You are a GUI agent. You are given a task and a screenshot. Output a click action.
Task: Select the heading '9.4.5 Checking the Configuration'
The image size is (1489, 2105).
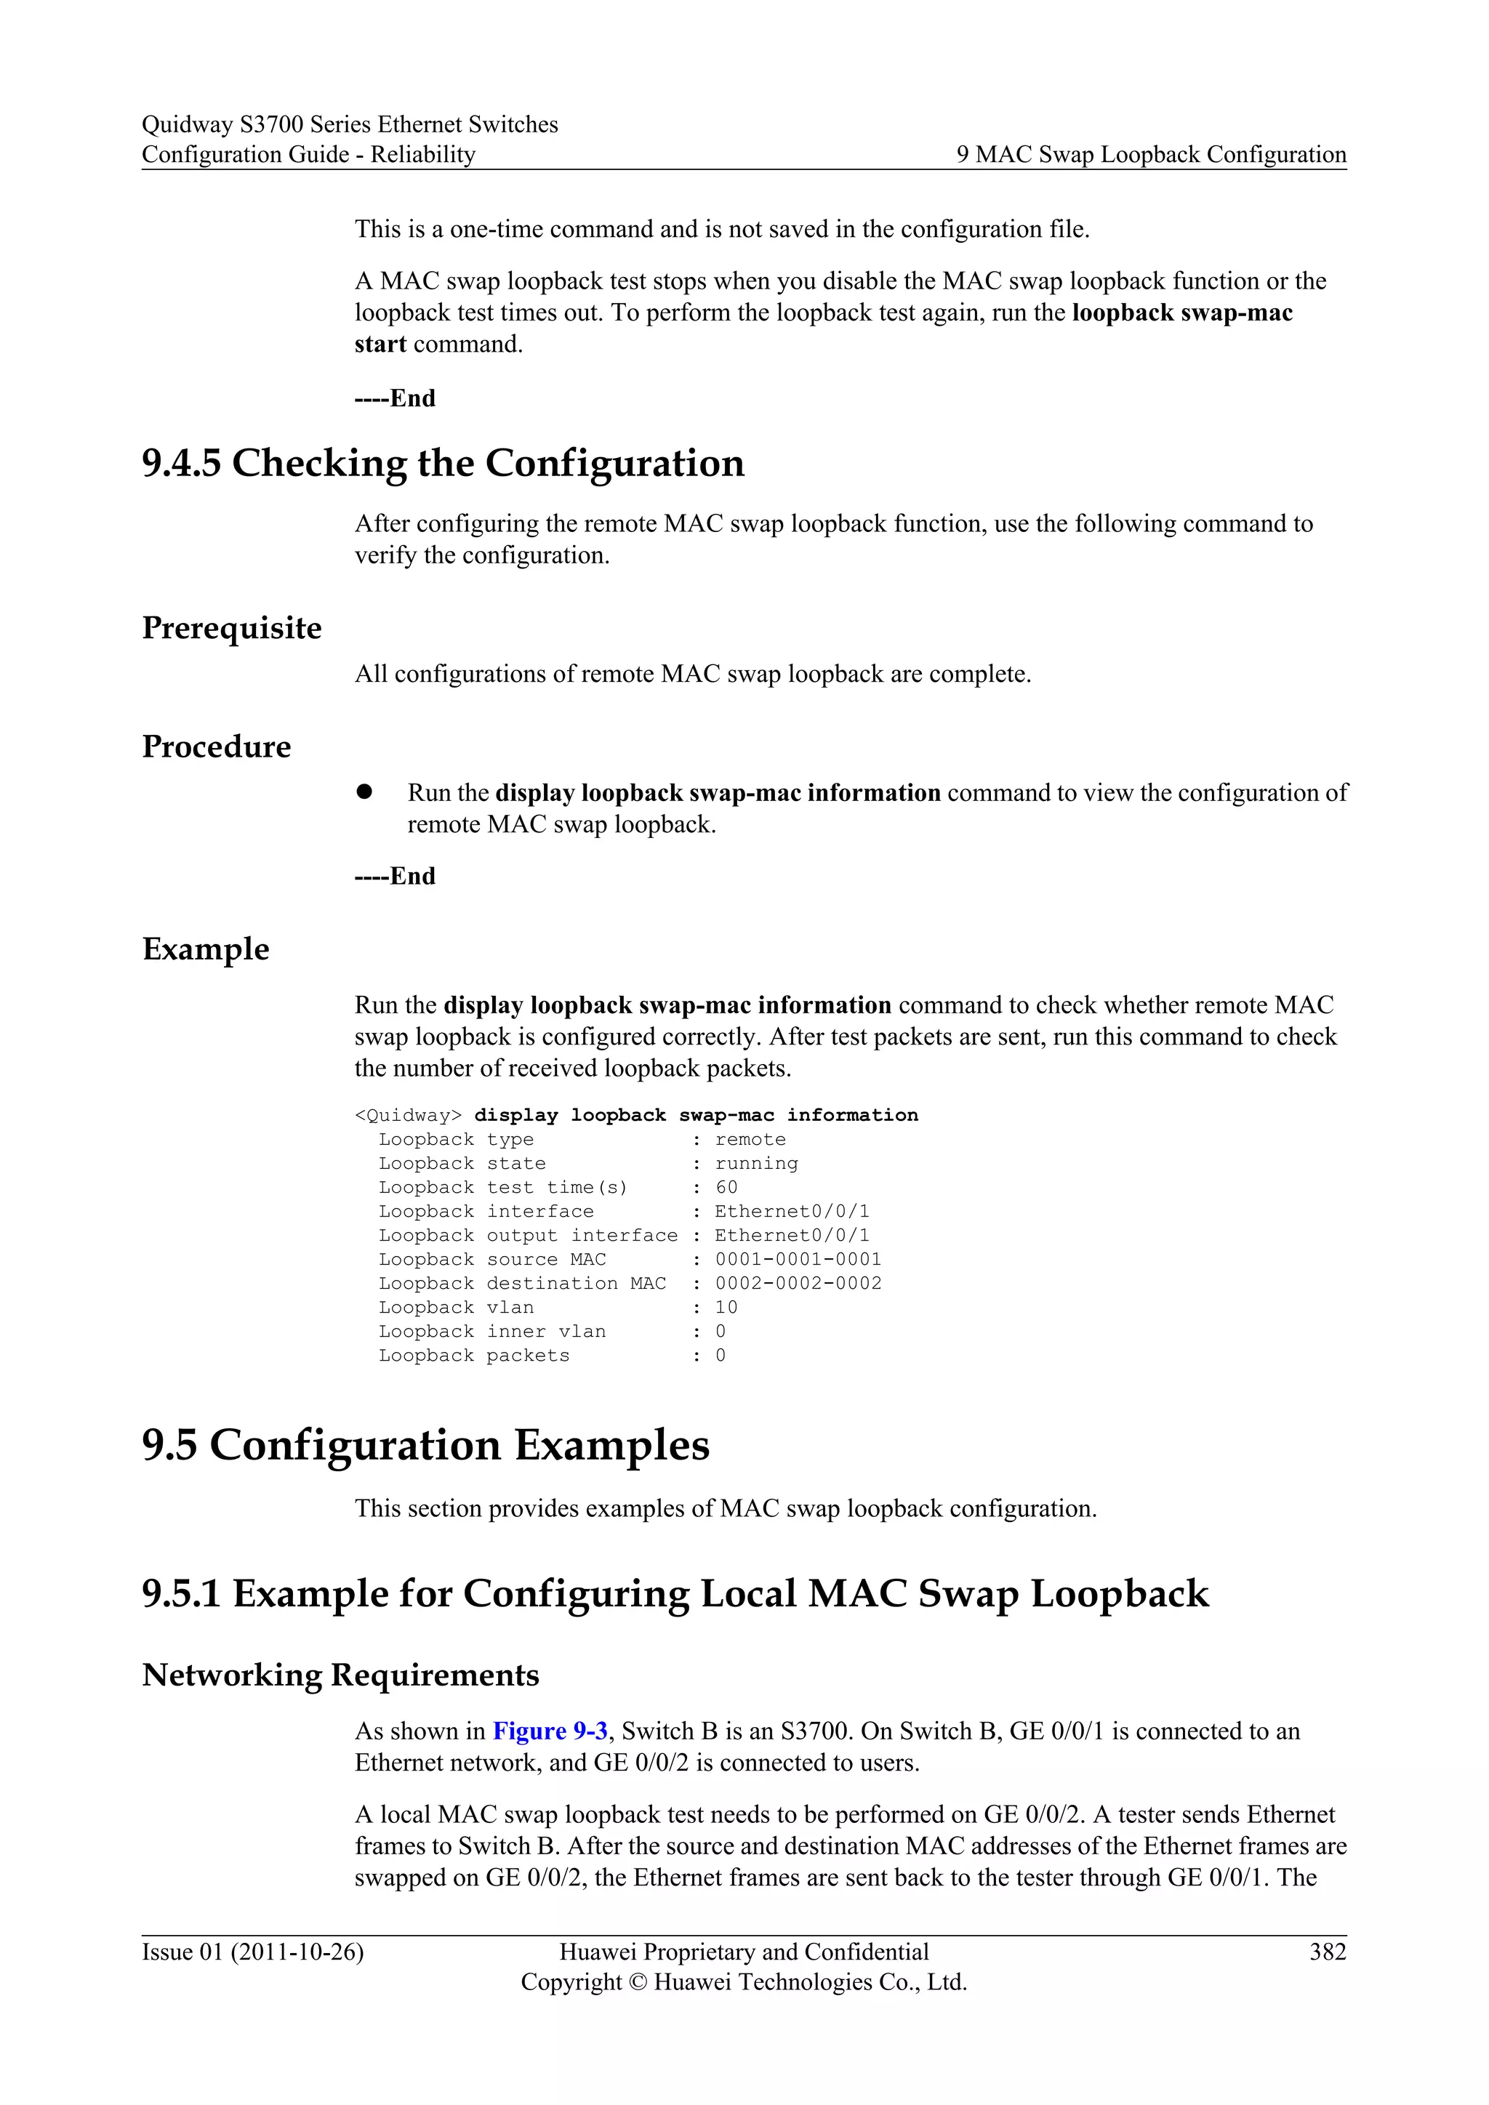(443, 463)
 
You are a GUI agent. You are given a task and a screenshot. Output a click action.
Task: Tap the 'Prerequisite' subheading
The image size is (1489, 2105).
(232, 628)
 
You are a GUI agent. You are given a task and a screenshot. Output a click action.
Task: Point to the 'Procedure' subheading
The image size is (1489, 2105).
(217, 746)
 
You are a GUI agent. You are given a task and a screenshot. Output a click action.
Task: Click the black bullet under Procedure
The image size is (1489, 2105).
(365, 792)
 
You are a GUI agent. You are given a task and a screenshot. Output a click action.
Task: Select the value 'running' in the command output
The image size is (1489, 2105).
(756, 1164)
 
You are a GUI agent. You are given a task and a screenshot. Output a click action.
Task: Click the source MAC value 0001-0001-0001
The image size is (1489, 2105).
(798, 1260)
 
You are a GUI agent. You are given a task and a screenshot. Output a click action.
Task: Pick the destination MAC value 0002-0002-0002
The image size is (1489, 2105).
(798, 1284)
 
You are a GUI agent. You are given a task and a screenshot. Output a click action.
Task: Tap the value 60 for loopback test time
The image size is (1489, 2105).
(726, 1187)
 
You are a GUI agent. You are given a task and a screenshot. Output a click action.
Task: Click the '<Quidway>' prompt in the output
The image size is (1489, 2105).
(408, 1116)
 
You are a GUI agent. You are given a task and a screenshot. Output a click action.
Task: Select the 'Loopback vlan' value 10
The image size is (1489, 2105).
(726, 1308)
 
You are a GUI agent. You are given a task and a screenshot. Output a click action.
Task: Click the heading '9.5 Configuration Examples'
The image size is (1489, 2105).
(425, 1446)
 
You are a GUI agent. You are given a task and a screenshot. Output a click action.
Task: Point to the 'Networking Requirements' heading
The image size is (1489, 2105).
(340, 1675)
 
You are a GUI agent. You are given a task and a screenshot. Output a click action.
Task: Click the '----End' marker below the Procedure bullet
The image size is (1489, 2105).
(396, 877)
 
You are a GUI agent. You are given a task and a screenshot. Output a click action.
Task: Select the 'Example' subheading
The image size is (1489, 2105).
(206, 949)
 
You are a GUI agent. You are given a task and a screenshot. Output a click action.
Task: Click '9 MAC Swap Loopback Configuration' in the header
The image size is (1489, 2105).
(1152, 154)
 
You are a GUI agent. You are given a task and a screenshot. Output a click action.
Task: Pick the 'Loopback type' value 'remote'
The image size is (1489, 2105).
(750, 1140)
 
